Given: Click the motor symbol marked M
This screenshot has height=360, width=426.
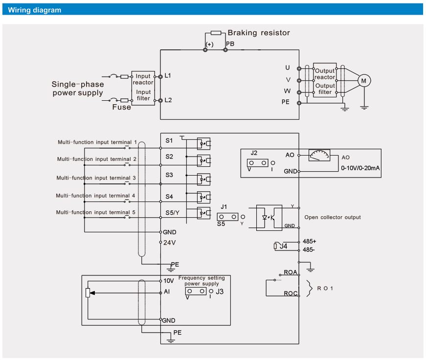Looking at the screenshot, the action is tap(364, 81).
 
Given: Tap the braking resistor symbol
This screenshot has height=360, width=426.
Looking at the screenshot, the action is tap(216, 33).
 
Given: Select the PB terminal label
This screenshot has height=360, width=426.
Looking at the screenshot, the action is tap(230, 44).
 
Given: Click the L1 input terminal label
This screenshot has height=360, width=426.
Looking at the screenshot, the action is tap(168, 75).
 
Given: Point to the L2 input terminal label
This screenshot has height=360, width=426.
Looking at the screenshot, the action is tap(168, 100).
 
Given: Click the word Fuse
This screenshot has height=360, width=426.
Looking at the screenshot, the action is tap(121, 107).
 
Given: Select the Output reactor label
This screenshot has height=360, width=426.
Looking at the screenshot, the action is tap(325, 74).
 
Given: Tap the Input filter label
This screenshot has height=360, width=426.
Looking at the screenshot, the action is tap(143, 95).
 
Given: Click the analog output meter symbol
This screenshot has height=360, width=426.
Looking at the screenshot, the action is tap(319, 155).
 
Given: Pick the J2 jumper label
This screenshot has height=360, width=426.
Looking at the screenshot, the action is tap(254, 153).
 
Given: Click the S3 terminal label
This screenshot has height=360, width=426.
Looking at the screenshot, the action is tap(169, 175).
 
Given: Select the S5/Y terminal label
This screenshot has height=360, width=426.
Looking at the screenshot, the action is tap(173, 212).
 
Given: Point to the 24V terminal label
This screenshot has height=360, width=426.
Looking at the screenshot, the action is tap(170, 243).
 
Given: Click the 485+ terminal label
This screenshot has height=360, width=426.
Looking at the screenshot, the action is tap(310, 241).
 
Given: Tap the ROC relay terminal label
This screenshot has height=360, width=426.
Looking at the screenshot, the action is tap(291, 293).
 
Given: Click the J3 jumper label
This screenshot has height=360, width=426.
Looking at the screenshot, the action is tap(220, 292).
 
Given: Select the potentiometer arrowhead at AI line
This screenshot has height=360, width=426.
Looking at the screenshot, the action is tap(92, 293).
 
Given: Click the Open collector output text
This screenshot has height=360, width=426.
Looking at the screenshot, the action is tap(333, 217).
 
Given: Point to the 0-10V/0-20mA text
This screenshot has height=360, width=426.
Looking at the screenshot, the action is tap(360, 168).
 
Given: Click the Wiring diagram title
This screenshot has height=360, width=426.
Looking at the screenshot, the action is tap(35, 10).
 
